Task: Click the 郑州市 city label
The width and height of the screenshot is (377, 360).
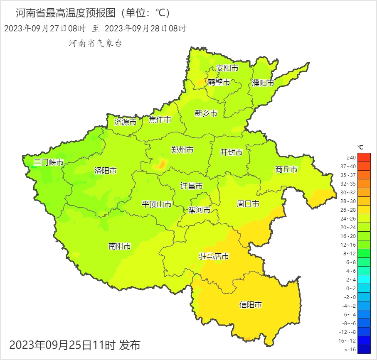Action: point(182,150)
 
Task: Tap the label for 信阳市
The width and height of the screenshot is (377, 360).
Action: point(251,305)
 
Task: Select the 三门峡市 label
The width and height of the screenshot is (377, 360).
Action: point(49,162)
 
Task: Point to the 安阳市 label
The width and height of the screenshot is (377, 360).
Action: point(227,68)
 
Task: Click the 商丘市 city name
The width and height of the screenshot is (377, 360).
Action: point(286,169)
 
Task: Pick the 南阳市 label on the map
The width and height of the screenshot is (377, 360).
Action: point(120,246)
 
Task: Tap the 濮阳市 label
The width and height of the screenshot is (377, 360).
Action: point(263,83)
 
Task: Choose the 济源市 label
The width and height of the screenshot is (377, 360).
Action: point(125,122)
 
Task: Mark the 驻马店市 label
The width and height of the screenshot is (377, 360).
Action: point(214,256)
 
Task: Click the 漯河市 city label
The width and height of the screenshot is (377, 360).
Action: point(200,210)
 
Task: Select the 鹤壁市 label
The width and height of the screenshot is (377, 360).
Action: point(219,82)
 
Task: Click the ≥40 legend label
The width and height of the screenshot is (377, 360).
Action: point(351,158)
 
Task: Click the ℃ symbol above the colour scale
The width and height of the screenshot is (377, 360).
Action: point(360,147)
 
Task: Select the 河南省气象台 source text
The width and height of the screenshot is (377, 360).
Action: point(95,43)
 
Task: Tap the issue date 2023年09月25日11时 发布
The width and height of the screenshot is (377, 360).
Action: point(75,345)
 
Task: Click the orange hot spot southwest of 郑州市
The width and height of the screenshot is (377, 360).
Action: point(160,165)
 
